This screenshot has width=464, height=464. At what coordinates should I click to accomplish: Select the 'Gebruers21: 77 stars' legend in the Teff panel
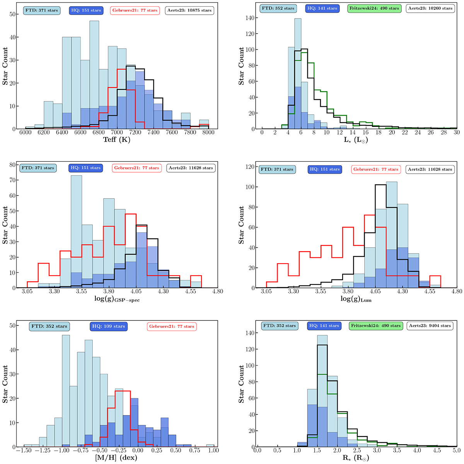point(135,10)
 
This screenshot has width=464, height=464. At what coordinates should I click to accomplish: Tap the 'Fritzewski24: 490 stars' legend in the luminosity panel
point(374,8)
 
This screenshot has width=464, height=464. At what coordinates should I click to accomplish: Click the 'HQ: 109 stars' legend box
point(108,326)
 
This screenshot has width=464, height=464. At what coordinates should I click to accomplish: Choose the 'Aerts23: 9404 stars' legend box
point(430,325)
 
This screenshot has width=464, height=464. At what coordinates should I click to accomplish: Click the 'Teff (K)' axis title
point(117,140)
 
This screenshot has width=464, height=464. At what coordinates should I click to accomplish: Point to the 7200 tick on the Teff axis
point(135,133)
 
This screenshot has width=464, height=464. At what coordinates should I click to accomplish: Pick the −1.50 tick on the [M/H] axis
point(24,450)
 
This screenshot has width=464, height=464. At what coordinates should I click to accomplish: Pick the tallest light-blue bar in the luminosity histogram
point(298,74)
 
